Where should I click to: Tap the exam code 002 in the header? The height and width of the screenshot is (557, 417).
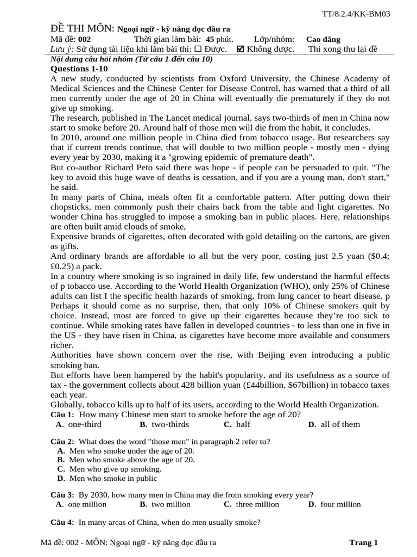tap(85, 39)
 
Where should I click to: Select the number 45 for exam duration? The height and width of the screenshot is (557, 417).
tap(211, 39)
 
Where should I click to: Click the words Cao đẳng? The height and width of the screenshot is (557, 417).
tap(324, 39)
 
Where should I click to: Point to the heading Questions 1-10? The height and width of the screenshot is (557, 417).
tap(79, 69)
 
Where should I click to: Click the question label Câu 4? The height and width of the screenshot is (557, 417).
tap(62, 523)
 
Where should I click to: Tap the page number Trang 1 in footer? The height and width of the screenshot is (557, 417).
tap(363, 542)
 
